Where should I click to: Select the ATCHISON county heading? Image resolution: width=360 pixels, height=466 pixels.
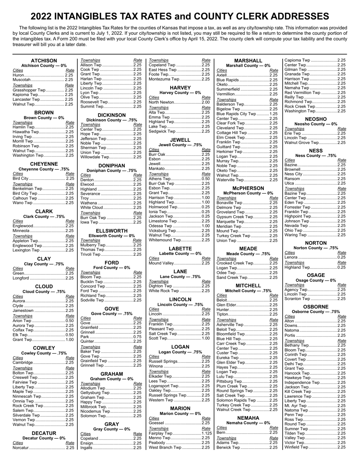click(44, 61)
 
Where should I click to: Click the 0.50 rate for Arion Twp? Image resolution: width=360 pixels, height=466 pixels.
click(69, 321)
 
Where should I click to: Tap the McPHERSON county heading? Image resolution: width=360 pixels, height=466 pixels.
click(248, 188)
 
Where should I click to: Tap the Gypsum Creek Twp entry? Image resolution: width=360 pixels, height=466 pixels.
click(235, 217)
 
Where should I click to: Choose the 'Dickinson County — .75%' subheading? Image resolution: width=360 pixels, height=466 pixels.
click(112, 120)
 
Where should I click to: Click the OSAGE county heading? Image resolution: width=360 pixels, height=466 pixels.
click(316, 275)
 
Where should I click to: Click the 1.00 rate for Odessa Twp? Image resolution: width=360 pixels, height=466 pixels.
click(206, 226)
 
